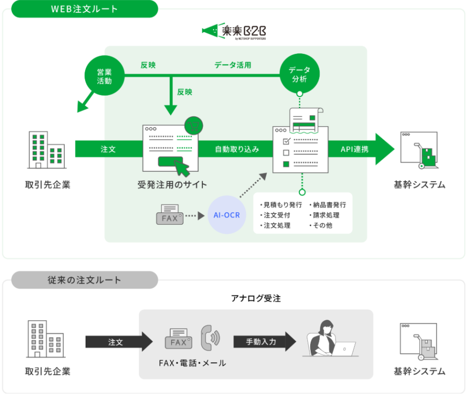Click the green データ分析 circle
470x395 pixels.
[298, 75]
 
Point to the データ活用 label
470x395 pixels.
[233, 65]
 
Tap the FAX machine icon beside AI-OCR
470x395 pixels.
[170, 215]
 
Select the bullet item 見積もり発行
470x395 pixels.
[280, 205]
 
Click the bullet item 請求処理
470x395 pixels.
[326, 215]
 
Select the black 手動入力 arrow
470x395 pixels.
[265, 342]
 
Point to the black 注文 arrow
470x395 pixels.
[119, 342]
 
